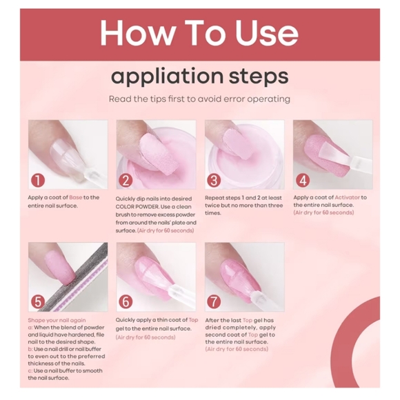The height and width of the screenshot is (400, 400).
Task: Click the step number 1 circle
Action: [38, 181]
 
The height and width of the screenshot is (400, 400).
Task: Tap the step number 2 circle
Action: [126, 181]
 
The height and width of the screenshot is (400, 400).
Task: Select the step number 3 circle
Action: [214, 181]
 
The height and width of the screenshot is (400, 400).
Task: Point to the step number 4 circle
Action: [303, 181]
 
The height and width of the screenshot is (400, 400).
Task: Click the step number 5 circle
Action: [38, 302]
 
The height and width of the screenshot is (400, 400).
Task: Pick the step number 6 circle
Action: [126, 302]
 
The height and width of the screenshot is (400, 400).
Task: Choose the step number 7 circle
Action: [214, 302]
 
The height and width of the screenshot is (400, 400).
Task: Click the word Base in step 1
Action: [75, 197]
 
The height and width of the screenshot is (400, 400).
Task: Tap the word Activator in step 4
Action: [347, 197]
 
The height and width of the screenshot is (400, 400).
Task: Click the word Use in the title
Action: [267, 32]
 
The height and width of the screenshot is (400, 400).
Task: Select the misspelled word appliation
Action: [167, 77]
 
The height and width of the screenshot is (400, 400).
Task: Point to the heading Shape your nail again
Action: [57, 321]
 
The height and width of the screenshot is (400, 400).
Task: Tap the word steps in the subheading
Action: [259, 77]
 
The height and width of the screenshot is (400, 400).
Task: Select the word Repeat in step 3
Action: [214, 198]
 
